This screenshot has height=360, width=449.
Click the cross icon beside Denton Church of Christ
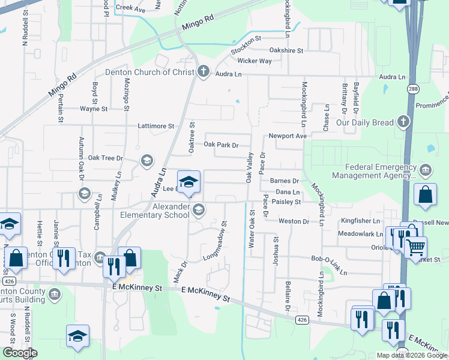pyautogui.click(x=203, y=72)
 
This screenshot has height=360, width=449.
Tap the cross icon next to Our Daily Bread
pyautogui.click(x=403, y=122)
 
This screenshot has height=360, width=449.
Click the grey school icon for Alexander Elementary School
pyautogui.click(x=199, y=209)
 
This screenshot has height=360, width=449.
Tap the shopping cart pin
pyautogui.click(x=415, y=247)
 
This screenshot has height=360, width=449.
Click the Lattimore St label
pyautogui.click(x=155, y=127)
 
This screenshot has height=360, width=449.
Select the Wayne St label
pyautogui.click(x=94, y=109)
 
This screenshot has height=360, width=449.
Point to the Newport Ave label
pyautogui.click(x=288, y=136)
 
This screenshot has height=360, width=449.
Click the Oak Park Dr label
pyautogui.click(x=221, y=145)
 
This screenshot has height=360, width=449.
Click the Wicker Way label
pyautogui.click(x=255, y=61)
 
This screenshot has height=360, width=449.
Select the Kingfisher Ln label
pyautogui.click(x=360, y=221)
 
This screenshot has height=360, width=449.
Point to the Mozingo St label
pyautogui.click(x=127, y=96)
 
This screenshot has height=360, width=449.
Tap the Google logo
pyautogui.click(x=20, y=353)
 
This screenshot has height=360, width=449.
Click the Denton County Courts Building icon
pyautogui.click(x=55, y=294)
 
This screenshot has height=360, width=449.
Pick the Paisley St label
pyautogui.click(x=286, y=202)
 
